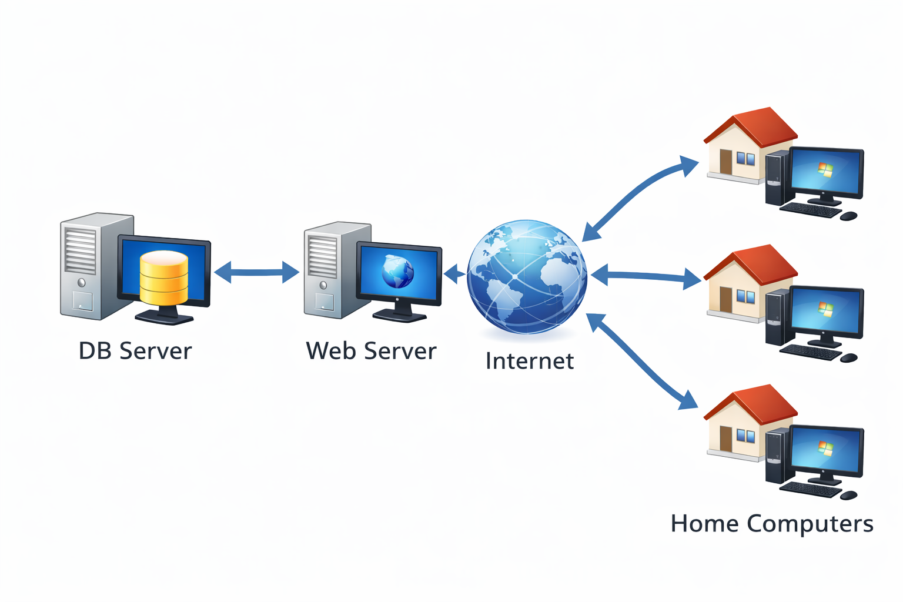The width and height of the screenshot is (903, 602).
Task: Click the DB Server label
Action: [x=135, y=351]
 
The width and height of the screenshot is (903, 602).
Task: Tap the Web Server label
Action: [x=371, y=351]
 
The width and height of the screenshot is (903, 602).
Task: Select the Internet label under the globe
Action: [x=529, y=361]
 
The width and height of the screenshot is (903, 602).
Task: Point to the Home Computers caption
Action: [x=771, y=523]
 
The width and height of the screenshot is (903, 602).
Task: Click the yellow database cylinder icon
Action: [x=164, y=277]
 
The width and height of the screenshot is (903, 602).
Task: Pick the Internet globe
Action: [x=527, y=276]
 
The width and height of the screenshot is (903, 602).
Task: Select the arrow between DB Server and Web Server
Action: [x=257, y=272]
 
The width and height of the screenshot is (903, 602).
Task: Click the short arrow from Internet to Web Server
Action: [x=454, y=274]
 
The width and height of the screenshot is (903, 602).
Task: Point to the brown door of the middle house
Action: [x=725, y=299]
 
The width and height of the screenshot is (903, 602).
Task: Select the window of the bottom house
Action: [x=745, y=436]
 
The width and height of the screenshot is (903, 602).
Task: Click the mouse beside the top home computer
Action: [x=848, y=216]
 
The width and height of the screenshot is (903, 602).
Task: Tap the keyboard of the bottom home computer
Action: [x=810, y=489]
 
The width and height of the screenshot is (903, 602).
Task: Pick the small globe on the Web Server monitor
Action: [x=398, y=272]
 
